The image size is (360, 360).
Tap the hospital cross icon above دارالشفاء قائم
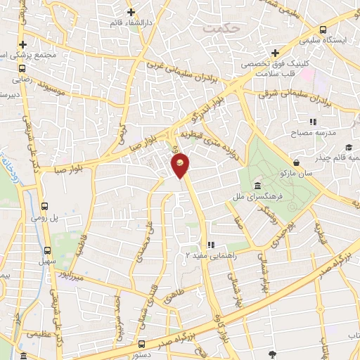click(x=131, y=12)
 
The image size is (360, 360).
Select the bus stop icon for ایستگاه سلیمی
click(x=323, y=30)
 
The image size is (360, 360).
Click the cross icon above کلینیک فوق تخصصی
click(x=275, y=53)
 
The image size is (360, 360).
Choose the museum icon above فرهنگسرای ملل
click(x=257, y=186)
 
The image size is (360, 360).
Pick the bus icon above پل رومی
click(x=46, y=207)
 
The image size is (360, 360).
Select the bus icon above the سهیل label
click(x=48, y=250)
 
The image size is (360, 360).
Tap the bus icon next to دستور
click(x=142, y=344)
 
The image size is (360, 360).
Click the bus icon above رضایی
click(x=22, y=69)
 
